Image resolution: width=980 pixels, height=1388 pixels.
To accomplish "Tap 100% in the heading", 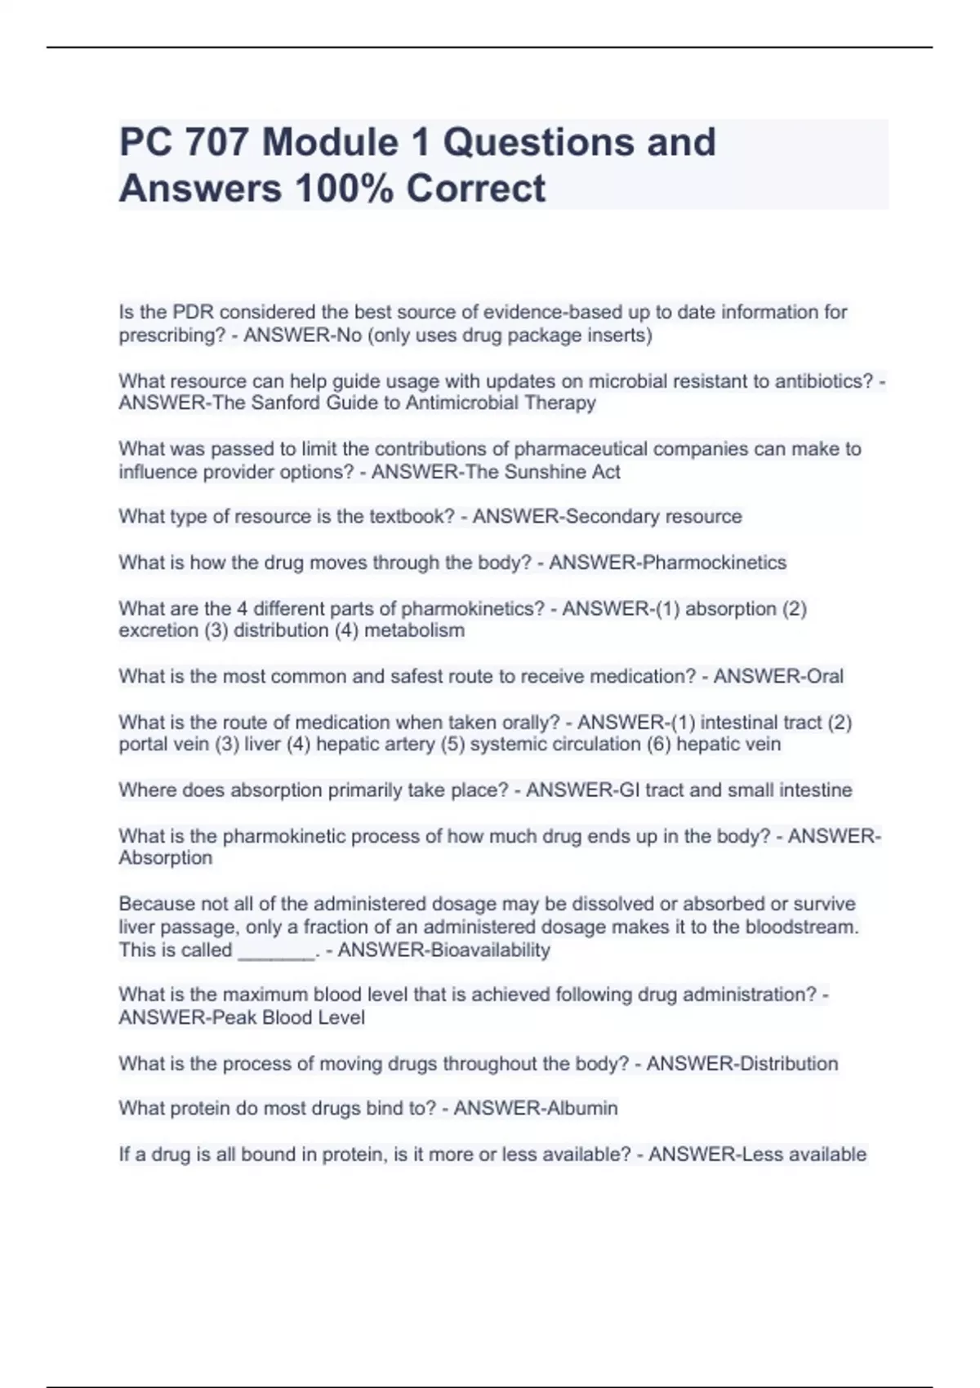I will pyautogui.click(x=343, y=188).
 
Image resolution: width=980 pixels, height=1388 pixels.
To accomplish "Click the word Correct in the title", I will pyautogui.click(x=475, y=188).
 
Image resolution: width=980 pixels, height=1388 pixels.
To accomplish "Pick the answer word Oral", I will pyautogui.click(x=825, y=676).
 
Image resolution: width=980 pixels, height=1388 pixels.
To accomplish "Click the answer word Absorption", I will pyautogui.click(x=166, y=858).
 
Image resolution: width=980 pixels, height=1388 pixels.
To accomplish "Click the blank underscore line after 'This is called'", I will pyautogui.click(x=275, y=950).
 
